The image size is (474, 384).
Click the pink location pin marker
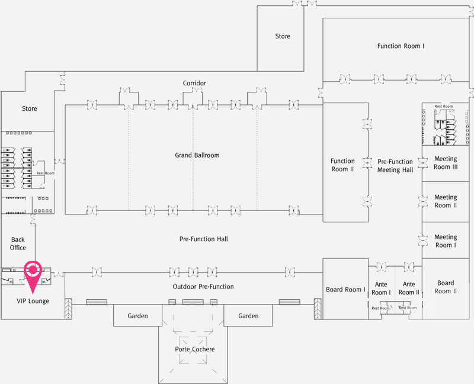tap(33, 273)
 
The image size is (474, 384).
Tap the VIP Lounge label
tap(33, 301)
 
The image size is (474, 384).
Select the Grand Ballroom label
tap(197, 155)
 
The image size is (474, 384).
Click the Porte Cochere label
tap(194, 349)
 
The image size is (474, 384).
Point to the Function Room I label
tap(401, 46)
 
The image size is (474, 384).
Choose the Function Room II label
tap(342, 165)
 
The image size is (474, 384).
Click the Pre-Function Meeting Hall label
tap(395, 165)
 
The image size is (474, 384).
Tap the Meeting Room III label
tap(446, 163)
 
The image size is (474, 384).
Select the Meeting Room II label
tap(446, 201)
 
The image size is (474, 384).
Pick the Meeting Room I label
tap(446, 241)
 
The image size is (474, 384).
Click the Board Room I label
tap(345, 290)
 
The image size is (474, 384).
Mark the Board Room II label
tap(446, 287)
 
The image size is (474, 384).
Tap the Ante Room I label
tap(381, 289)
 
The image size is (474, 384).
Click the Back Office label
tap(18, 244)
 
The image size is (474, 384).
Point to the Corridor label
tap(194, 83)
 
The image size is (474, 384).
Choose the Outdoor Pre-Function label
tap(203, 287)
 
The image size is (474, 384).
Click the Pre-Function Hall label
tap(203, 239)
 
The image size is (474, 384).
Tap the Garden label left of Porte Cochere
tap(137, 316)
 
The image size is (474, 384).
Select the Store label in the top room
tap(283, 36)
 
